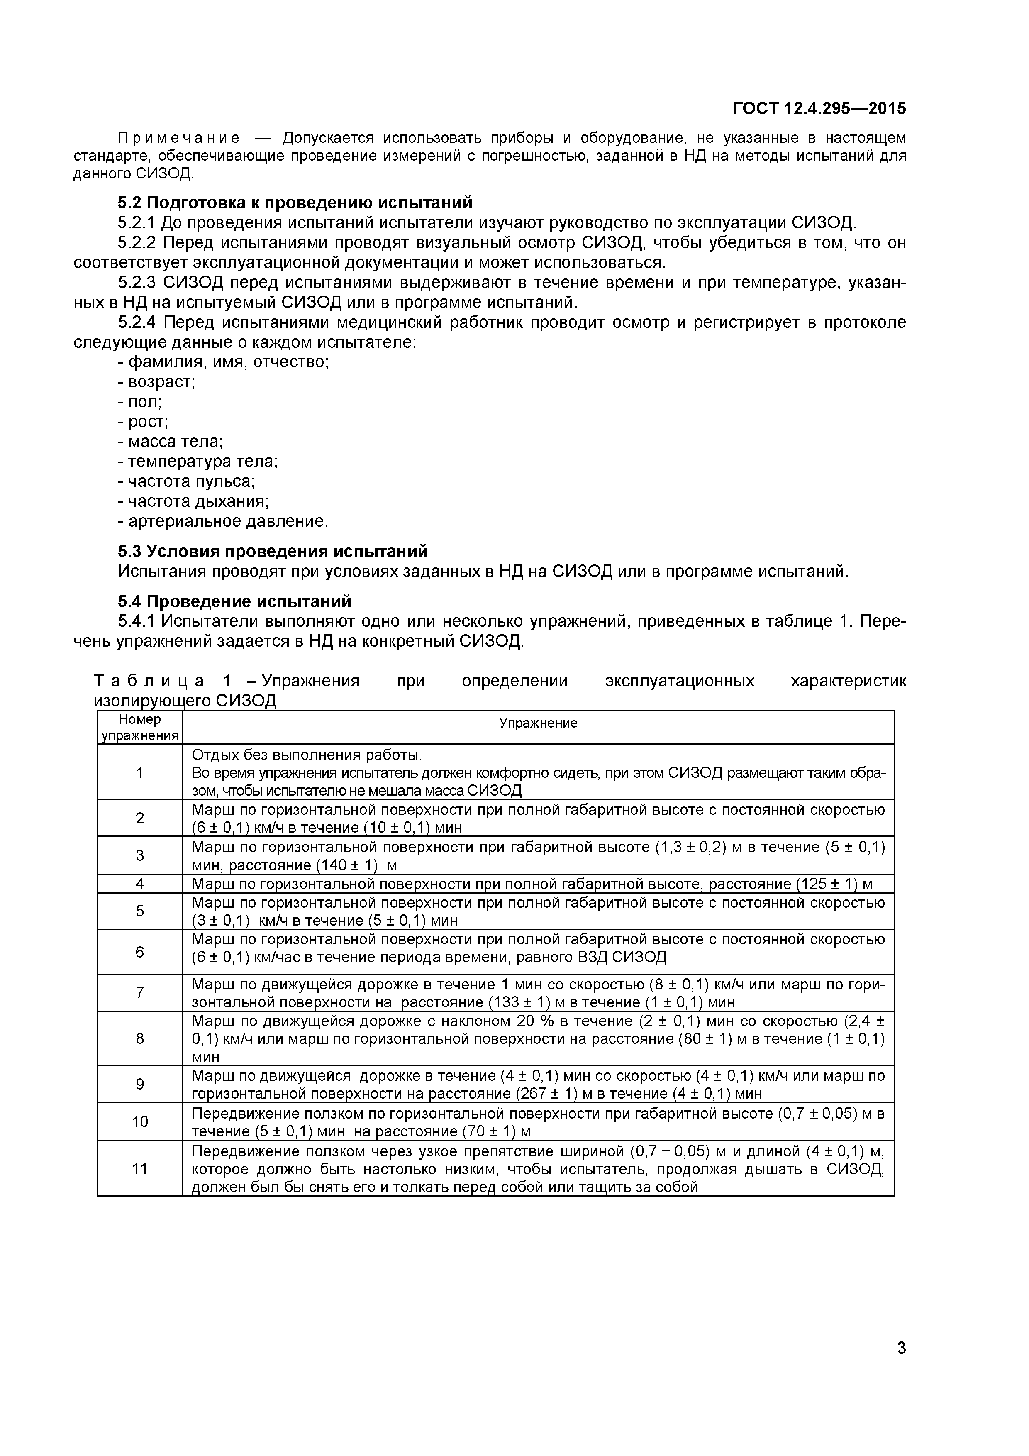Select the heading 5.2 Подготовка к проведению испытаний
click(x=295, y=203)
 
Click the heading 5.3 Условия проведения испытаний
click(x=273, y=551)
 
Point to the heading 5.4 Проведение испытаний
click(x=234, y=601)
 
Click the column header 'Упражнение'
click(x=538, y=723)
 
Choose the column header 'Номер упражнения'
click(x=139, y=727)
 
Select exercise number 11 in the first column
click(x=139, y=1168)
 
